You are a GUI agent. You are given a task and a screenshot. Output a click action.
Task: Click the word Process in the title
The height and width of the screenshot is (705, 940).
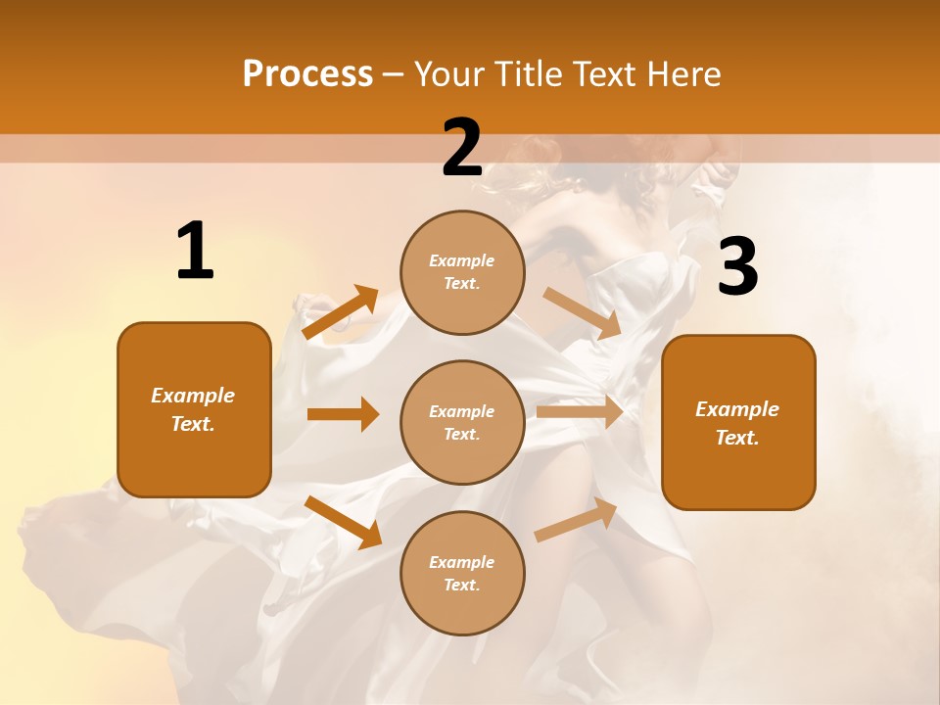[x=307, y=74]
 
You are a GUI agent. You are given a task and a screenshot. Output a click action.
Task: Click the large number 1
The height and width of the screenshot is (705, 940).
[x=195, y=252]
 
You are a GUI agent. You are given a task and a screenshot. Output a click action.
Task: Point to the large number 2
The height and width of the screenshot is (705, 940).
[x=462, y=148]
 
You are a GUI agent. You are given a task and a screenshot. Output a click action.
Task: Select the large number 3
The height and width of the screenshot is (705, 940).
[x=737, y=267]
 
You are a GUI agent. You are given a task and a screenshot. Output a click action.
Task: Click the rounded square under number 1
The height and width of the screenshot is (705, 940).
[x=194, y=409]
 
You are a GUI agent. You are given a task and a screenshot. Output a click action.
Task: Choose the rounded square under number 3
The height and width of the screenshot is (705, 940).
[x=738, y=422]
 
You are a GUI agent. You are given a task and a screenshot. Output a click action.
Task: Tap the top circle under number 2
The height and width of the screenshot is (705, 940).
[x=462, y=272]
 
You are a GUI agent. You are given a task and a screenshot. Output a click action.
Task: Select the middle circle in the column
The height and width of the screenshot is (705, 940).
[x=462, y=422]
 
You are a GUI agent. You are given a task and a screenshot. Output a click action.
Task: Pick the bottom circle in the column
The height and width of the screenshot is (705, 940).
[x=462, y=573]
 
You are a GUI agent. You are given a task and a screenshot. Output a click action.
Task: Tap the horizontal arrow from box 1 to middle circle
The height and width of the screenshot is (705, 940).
[x=343, y=414]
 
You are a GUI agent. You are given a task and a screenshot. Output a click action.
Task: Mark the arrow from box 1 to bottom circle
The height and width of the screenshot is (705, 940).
[x=343, y=522]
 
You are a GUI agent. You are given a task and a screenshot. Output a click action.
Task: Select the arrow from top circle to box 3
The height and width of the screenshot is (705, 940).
[x=583, y=313]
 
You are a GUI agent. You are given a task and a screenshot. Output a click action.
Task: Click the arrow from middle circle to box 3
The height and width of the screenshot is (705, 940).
[x=580, y=411]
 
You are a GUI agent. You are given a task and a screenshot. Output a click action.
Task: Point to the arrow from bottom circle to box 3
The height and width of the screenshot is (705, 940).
[x=577, y=519]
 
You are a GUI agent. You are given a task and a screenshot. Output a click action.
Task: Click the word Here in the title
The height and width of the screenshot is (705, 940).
[x=681, y=74]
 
